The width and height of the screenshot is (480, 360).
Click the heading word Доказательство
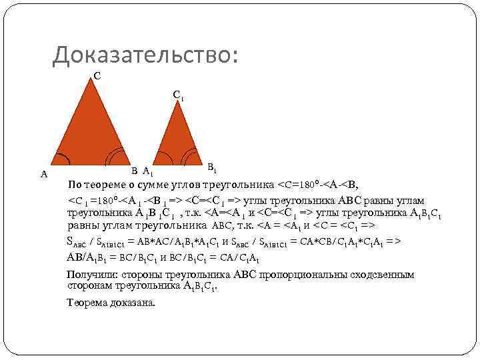click(145, 55)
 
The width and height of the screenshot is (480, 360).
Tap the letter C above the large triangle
click(97, 77)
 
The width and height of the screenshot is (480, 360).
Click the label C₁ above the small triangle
click(178, 96)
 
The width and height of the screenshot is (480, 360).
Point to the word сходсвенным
click(377, 275)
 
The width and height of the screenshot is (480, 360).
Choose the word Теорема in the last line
click(87, 303)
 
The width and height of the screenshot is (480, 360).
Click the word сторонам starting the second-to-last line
click(89, 285)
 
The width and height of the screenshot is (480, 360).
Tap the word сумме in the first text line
click(158, 185)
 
